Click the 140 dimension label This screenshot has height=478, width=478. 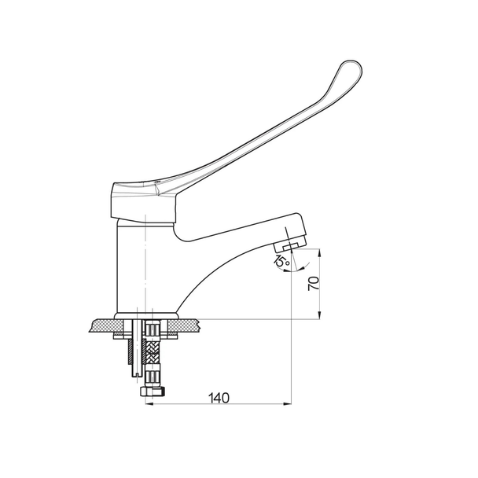219,398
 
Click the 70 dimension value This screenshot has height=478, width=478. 314,284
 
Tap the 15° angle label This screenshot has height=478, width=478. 281,261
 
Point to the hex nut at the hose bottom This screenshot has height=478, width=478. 153,391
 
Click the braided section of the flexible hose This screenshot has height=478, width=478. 153,351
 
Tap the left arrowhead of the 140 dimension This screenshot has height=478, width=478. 149,404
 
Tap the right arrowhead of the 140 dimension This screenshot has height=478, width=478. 287,404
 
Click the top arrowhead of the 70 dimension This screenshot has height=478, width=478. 319,253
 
